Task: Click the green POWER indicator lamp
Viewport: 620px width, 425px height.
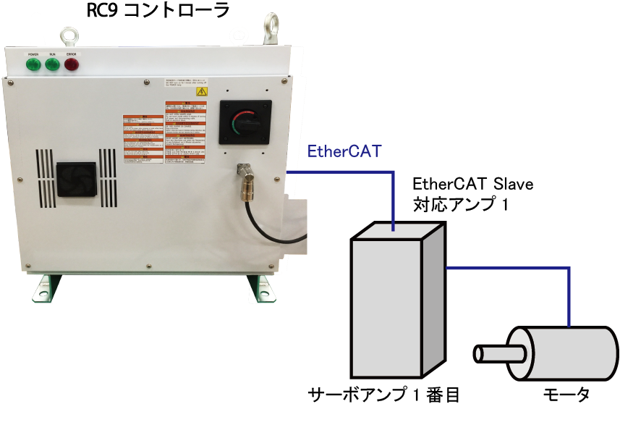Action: [x=33, y=64]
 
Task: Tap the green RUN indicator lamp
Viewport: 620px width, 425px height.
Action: [x=52, y=64]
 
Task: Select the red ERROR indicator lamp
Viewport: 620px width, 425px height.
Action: [x=72, y=64]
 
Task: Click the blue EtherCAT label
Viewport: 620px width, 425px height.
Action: [x=344, y=152]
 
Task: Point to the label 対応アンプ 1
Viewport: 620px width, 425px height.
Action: [x=461, y=205]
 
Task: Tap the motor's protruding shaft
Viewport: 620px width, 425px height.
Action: [x=498, y=355]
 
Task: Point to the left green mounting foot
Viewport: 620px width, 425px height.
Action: [x=44, y=288]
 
